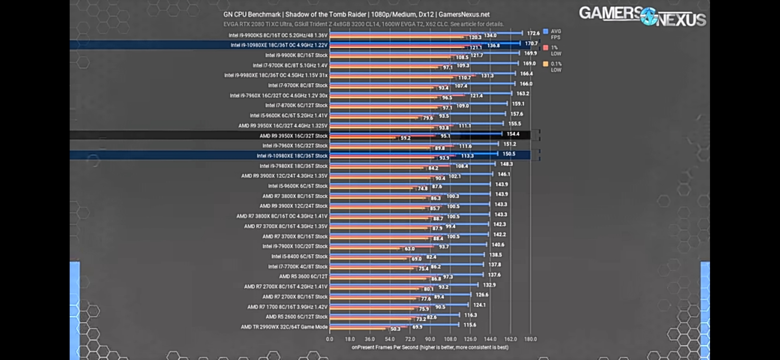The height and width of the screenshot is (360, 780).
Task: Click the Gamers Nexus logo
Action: [x=642, y=16]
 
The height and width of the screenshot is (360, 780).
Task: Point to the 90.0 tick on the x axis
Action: [x=430, y=339]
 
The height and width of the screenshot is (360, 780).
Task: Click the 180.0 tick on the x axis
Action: [x=530, y=339]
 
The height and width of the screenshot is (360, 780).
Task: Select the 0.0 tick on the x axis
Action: [x=329, y=339]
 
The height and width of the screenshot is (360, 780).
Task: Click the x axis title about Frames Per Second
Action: [x=430, y=347]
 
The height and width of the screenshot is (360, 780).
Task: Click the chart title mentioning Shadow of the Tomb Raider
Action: [x=356, y=14]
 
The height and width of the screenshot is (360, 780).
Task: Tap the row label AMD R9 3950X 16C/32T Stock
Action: [x=293, y=136]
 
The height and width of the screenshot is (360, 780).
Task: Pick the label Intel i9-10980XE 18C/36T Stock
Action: [x=292, y=156]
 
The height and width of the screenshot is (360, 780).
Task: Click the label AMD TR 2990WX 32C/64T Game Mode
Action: [x=284, y=327]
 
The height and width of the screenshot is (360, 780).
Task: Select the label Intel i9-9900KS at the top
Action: [x=278, y=35]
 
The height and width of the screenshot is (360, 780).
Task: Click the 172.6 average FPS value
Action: [x=533, y=33]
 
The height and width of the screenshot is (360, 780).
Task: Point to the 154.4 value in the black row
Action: [x=513, y=134]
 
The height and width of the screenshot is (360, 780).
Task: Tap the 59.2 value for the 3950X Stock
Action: [x=405, y=138]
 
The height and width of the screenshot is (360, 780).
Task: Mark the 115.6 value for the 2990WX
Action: [x=470, y=325]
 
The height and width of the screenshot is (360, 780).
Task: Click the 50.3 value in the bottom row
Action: [x=395, y=329]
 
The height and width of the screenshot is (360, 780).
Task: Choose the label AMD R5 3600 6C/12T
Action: [x=303, y=276]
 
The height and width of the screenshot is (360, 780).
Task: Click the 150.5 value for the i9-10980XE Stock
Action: [x=509, y=154]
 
